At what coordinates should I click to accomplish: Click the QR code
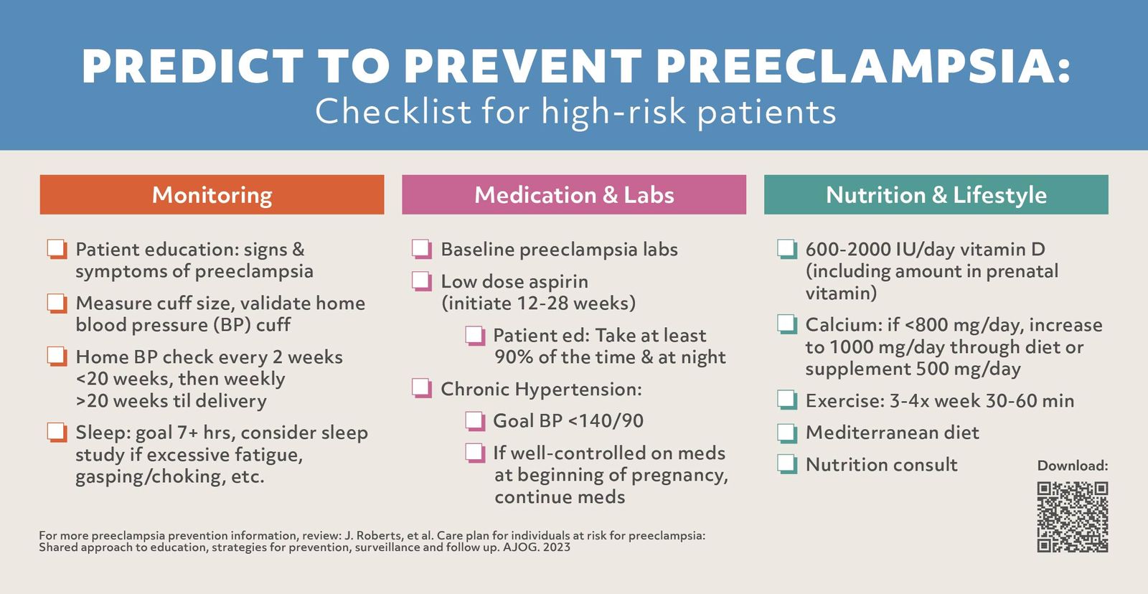1072,517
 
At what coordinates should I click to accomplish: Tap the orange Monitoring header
212,194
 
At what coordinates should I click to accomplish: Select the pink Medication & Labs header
574,194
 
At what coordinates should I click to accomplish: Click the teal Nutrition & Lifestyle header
936,194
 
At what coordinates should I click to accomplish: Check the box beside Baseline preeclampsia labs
421,249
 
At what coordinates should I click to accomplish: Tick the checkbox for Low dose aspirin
421,280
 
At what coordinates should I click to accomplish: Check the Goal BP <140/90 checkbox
474,420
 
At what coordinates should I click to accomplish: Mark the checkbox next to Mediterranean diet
786,433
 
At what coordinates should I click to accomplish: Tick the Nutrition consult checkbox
786,464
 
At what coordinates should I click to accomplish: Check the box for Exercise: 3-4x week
786,400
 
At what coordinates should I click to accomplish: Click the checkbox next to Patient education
57,249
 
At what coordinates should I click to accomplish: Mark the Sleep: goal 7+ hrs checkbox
57,432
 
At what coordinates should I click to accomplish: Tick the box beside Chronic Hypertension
421,389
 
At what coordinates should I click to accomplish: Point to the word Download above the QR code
1072,466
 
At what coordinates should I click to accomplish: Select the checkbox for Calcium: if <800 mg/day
786,324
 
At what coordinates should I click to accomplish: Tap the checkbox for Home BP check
57,357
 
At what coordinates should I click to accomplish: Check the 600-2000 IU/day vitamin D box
786,249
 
